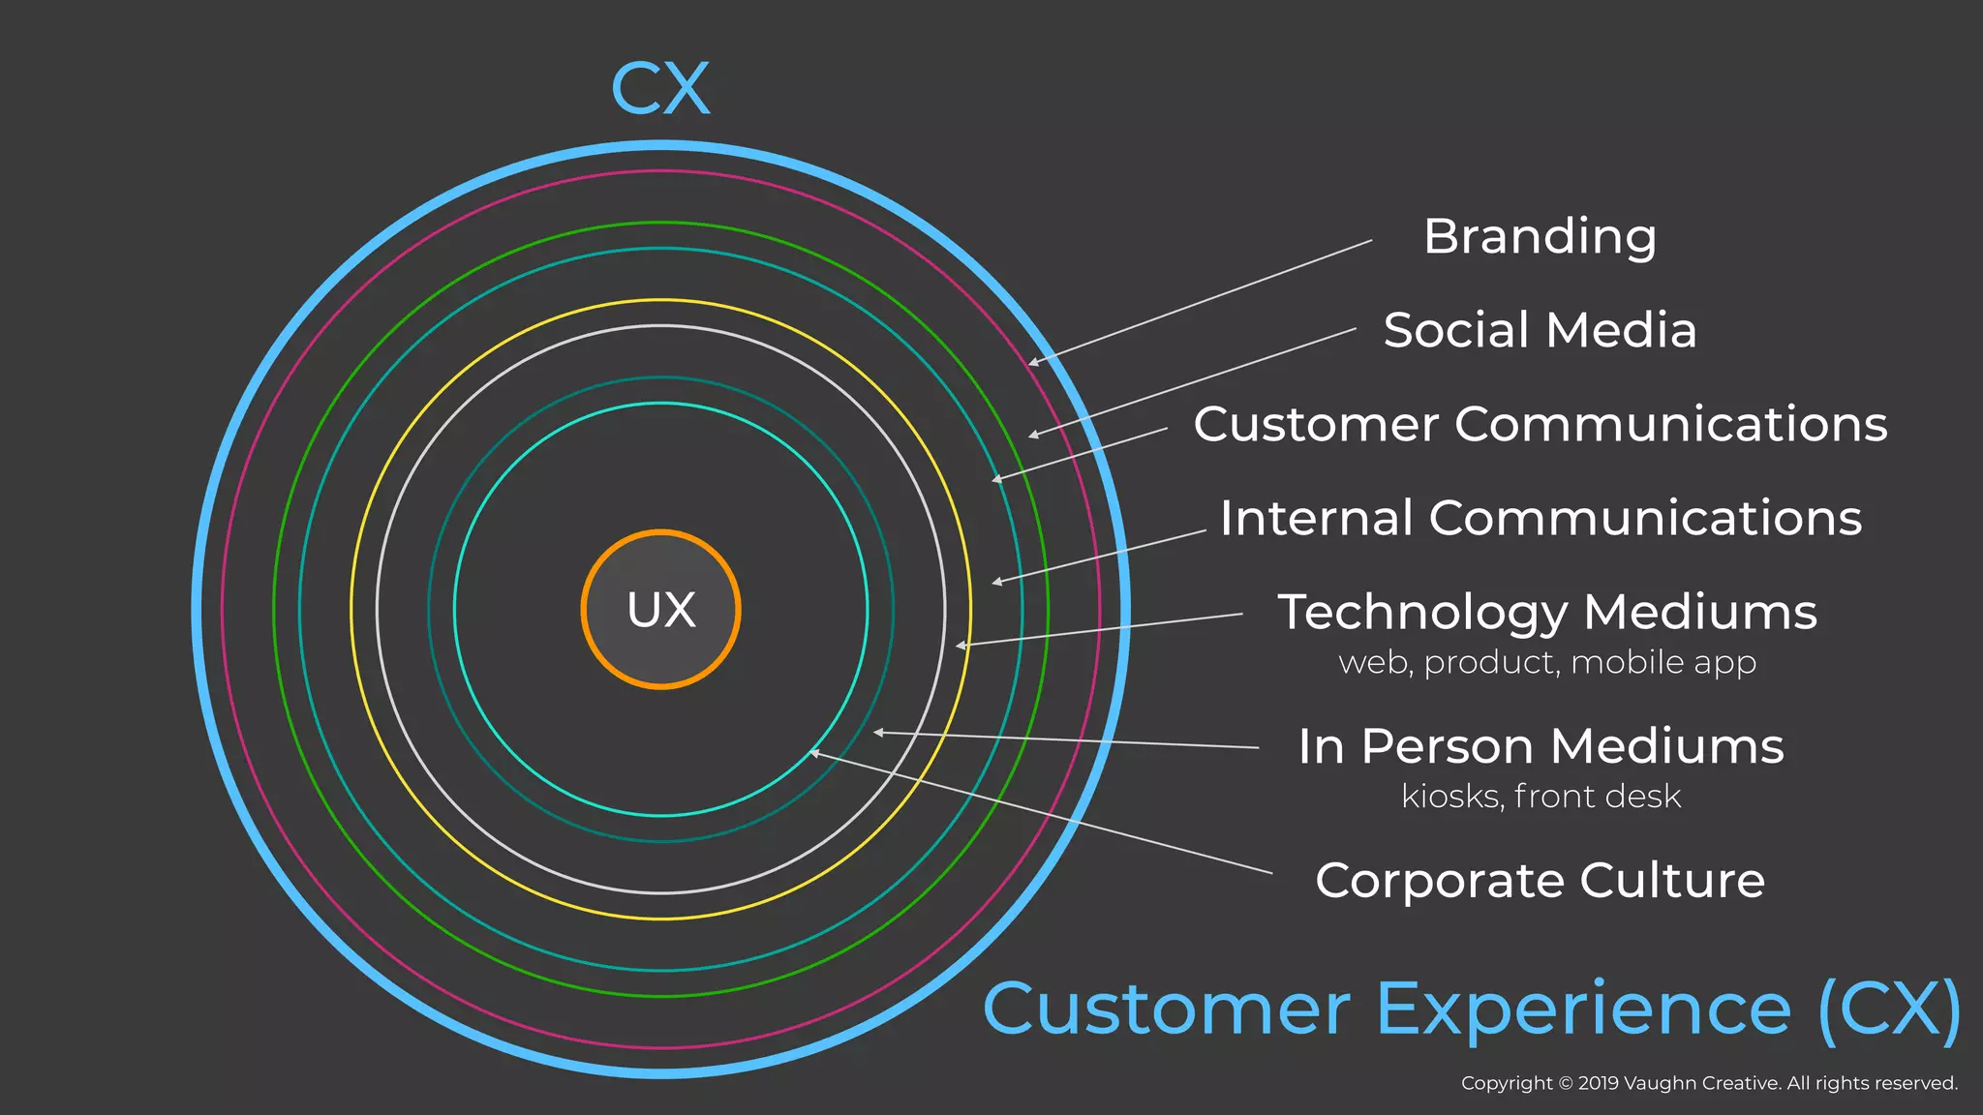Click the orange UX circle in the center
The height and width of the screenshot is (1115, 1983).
661,610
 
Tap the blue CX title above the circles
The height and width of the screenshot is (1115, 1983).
661,89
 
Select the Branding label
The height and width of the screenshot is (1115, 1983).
1540,237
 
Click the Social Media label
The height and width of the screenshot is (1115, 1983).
1540,330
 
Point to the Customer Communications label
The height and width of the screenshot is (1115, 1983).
1540,424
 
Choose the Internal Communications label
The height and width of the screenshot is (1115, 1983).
1541,518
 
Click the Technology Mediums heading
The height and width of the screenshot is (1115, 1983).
1547,612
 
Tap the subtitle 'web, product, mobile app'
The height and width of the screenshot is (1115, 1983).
1547,663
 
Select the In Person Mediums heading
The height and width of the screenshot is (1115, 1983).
1541,746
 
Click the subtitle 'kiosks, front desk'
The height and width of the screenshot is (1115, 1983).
1541,797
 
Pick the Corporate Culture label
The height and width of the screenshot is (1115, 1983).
1540,881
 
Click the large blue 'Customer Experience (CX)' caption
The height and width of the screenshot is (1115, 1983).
1472,1010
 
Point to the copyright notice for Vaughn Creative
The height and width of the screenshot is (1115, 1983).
1709,1083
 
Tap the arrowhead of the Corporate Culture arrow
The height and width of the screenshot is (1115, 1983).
813,752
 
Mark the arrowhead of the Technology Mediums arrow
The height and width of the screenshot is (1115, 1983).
959,646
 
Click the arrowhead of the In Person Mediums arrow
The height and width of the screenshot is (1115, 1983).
876,733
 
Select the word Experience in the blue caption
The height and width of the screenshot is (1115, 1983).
1583,1010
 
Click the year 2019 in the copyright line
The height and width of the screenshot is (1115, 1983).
1599,1083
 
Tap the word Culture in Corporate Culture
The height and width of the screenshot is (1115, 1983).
1672,881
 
